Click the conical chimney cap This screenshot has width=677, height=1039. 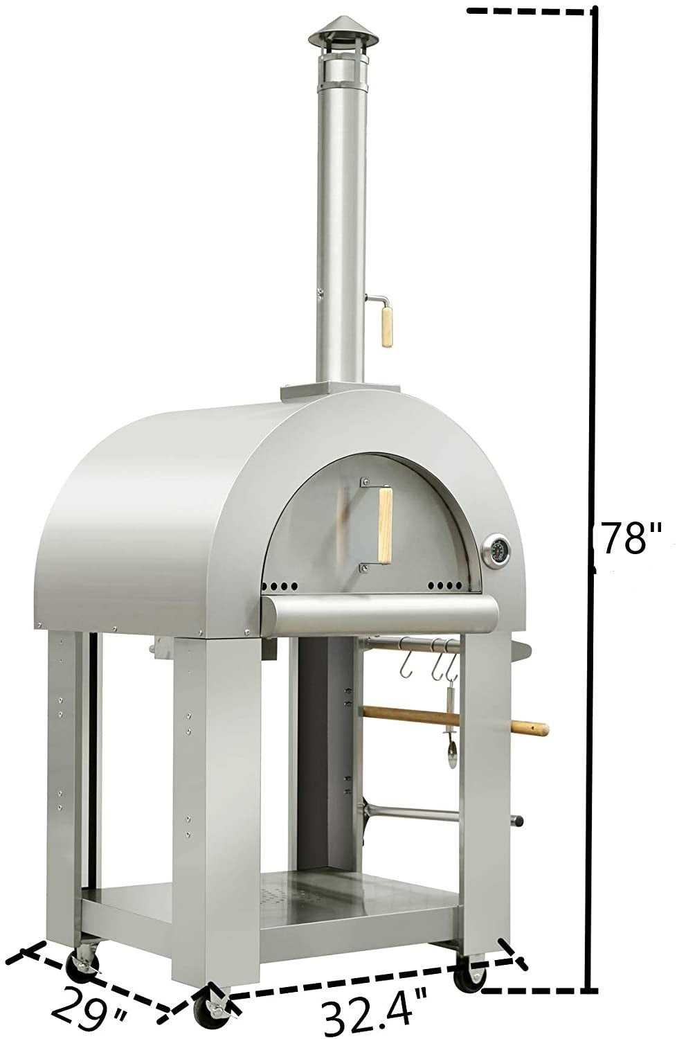343,32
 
